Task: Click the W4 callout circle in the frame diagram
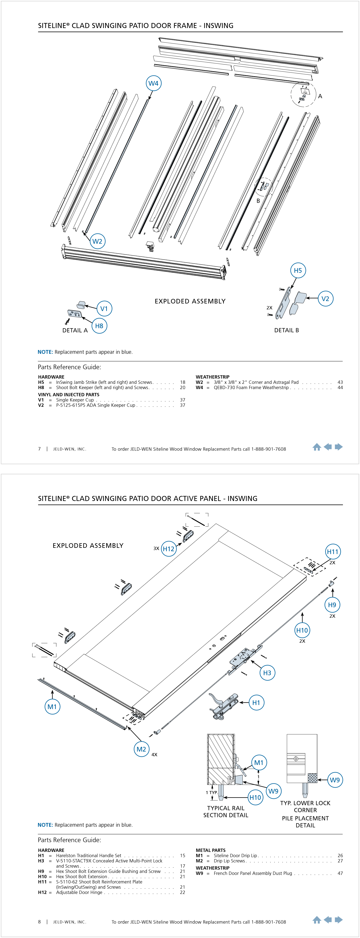tap(153, 83)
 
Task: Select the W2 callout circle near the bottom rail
tap(97, 241)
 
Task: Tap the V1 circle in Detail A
tap(104, 309)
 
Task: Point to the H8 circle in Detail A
tap(99, 326)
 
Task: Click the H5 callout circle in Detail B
tap(298, 271)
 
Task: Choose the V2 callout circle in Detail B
tap(325, 299)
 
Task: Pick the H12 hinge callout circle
tap(169, 549)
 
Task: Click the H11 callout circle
tap(332, 552)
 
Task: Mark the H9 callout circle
tap(332, 605)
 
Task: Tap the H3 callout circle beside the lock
tap(267, 673)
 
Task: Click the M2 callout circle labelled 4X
tap(141, 749)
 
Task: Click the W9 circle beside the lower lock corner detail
tap(335, 780)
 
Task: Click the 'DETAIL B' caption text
tap(286, 330)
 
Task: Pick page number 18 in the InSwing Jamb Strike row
tap(182, 382)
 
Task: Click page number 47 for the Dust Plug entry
tap(340, 873)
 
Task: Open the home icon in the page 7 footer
tap(317, 447)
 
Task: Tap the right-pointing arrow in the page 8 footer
tap(339, 920)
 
